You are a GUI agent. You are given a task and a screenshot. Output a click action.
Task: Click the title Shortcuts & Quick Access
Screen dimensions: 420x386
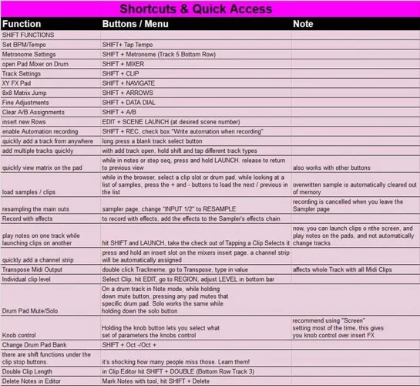tap(195, 9)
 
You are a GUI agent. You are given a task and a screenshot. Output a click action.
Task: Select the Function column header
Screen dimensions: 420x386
tap(22, 24)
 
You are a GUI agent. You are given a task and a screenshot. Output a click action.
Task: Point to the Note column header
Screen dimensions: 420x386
tap(303, 24)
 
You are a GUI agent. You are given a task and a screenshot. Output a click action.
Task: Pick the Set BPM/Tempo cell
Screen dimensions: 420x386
tap(25, 46)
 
